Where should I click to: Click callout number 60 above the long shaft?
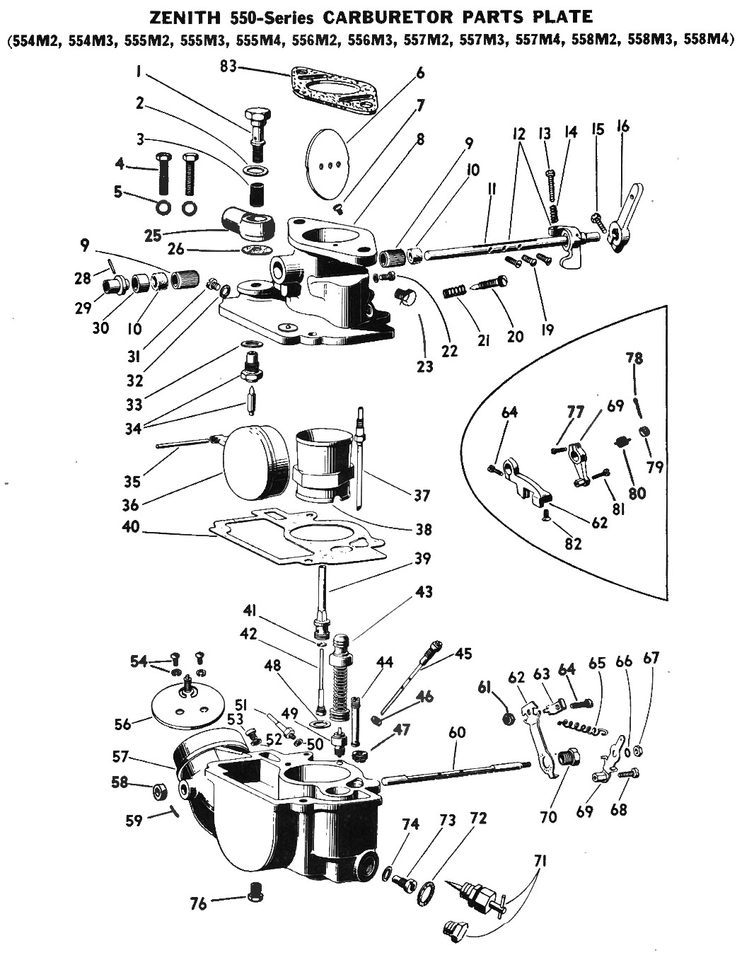pos(457,732)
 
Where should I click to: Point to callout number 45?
pos(463,653)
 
